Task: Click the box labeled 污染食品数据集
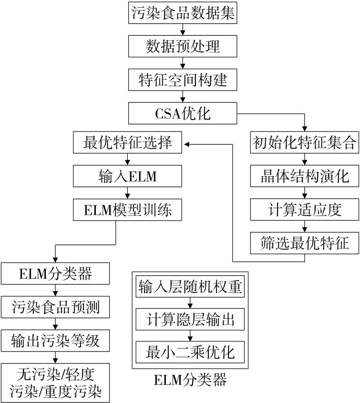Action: [x=183, y=12]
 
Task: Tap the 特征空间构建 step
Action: [x=183, y=80]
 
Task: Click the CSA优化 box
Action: [x=183, y=114]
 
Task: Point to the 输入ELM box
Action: [x=127, y=177]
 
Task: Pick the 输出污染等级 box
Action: [x=56, y=341]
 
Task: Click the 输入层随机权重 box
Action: [x=191, y=287]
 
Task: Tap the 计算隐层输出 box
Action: [x=191, y=320]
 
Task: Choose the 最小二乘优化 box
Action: [x=191, y=353]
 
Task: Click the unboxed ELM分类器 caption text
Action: [x=191, y=381]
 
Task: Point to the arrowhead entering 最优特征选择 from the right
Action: [x=187, y=143]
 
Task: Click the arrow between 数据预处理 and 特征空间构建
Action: [x=183, y=63]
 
